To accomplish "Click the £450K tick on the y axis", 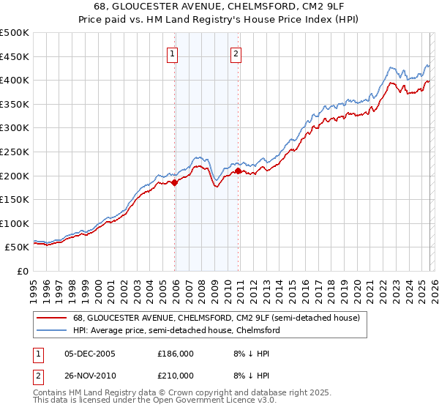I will click(15, 56).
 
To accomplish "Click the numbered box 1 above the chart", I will click(172, 53).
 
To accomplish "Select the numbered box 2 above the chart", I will click(236, 53).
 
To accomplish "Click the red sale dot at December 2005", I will click(175, 183).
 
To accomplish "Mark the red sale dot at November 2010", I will click(239, 171).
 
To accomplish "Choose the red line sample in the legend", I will click(51, 318).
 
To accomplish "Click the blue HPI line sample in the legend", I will click(51, 331).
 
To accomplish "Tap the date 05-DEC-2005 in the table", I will click(91, 354).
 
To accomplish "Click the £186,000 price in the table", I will click(176, 354).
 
